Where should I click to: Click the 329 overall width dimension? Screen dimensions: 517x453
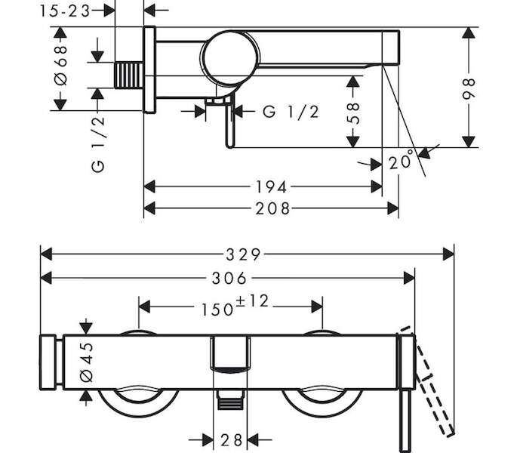coord(243,254)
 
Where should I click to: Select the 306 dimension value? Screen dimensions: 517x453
coord(229,279)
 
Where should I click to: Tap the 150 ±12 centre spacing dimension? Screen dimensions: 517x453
coord(235,306)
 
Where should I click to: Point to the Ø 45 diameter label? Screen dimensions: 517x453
coord(87,362)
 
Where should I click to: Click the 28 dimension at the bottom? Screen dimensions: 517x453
coord(232,440)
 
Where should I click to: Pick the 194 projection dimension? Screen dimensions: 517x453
coord(272,187)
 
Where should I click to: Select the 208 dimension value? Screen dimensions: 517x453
coord(272,209)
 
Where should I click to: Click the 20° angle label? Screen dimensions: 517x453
coord(401,160)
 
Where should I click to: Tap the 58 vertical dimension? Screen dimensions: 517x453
coord(352,112)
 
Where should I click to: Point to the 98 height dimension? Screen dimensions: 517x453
coord(469,88)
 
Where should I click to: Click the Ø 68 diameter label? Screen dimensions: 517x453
coord(60,66)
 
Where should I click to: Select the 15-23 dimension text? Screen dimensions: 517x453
coord(65,11)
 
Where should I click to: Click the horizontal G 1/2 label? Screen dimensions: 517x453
coord(291,112)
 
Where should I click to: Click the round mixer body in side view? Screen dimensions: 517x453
coord(229,57)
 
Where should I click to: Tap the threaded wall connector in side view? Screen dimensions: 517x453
coord(129,75)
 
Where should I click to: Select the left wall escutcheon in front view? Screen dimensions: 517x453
coord(138,401)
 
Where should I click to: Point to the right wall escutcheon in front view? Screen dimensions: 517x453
coord(322,401)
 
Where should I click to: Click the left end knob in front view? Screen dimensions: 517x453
coord(48,362)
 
